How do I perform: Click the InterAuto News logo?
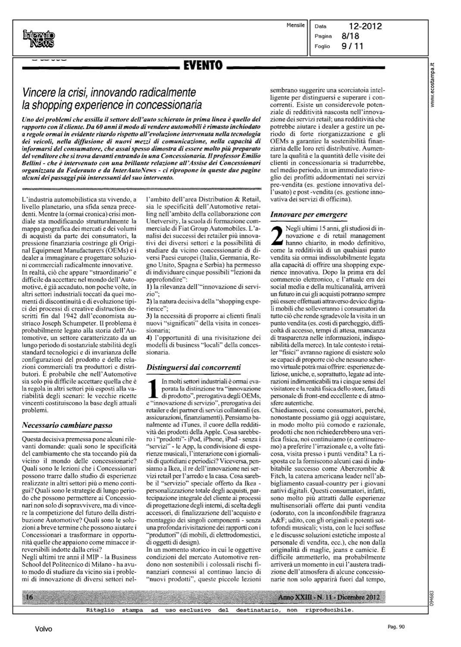tap(39, 39)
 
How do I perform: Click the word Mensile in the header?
tap(295, 25)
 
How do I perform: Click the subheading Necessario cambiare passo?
tap(67, 425)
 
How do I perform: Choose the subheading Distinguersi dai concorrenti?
tap(194, 367)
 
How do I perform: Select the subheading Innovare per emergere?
tap(308, 214)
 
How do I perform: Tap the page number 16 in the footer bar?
tap(30, 597)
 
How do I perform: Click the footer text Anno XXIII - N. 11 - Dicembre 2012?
tap(329, 597)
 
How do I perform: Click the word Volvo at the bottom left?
tap(44, 629)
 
